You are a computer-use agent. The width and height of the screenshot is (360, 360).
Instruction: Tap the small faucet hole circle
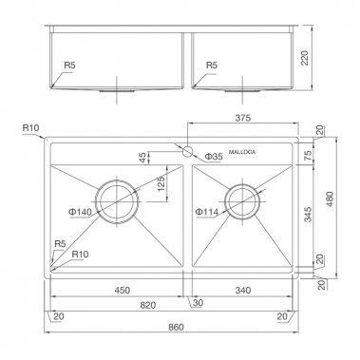(x=188, y=152)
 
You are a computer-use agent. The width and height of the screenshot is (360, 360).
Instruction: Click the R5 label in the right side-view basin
(x=211, y=67)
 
